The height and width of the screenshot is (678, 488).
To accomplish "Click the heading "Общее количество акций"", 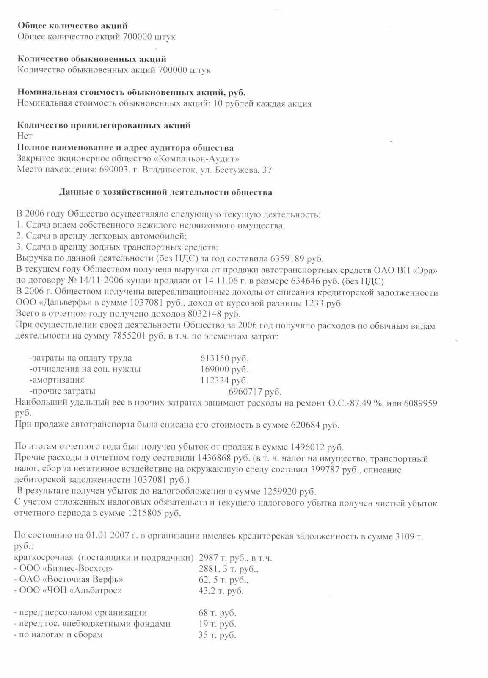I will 72,26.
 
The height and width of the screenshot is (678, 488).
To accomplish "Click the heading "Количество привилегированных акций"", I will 104,125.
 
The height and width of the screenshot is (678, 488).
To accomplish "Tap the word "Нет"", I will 25,136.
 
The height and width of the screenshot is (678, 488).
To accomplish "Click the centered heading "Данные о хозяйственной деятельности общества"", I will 165,192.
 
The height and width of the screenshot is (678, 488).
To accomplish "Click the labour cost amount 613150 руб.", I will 224,358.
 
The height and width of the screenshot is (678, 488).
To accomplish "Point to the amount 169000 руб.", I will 224,370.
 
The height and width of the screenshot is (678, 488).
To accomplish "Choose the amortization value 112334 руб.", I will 224,381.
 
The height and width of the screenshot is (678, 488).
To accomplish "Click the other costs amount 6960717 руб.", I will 255,392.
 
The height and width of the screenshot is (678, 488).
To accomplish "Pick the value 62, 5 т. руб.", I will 223,580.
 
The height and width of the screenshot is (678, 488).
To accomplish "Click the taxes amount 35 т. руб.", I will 217,635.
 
